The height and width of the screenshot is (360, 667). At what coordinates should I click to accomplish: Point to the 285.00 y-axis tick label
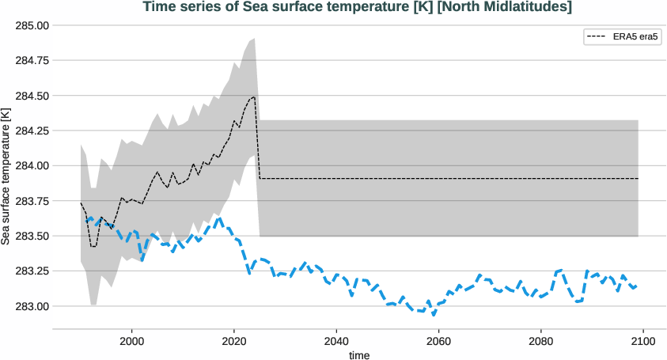pos(32,25)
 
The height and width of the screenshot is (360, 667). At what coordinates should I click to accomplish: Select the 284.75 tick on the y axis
pos(32,60)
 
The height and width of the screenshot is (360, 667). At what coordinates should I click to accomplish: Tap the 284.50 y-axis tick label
pos(32,96)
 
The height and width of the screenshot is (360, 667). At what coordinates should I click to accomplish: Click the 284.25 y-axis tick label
pos(32,131)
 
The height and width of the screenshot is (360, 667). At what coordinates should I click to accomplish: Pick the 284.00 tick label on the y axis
pos(32,165)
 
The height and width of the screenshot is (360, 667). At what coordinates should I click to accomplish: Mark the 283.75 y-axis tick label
pos(32,201)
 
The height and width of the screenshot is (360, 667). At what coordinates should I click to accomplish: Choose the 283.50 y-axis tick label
pos(32,236)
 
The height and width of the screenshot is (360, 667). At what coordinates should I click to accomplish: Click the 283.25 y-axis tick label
pos(32,271)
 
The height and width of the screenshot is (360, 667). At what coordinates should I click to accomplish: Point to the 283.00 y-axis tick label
pos(32,306)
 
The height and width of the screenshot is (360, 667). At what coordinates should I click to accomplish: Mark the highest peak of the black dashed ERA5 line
pos(254,97)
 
